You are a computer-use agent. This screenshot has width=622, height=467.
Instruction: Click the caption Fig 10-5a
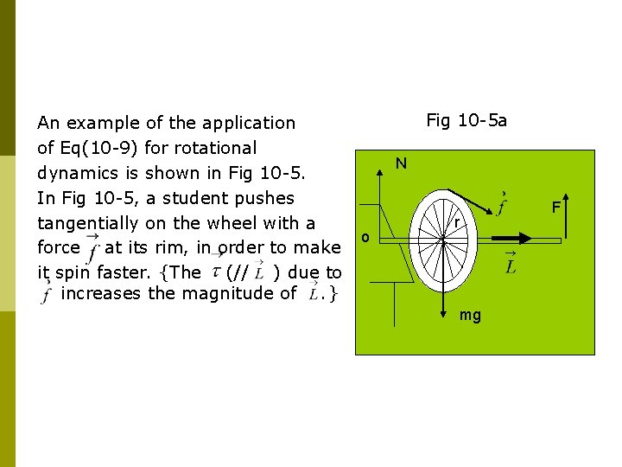point(466,120)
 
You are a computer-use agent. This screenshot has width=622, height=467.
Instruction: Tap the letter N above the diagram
point(402,163)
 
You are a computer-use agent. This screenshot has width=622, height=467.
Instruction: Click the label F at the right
point(557,208)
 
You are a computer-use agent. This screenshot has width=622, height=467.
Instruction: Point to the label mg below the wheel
point(471,316)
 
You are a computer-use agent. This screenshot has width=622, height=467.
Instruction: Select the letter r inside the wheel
point(455,224)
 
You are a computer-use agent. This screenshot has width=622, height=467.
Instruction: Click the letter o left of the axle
point(366,237)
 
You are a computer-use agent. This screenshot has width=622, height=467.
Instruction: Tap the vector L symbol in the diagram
point(510,264)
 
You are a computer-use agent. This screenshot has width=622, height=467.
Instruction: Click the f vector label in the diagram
point(501,204)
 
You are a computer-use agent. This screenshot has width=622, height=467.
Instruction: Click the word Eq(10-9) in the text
point(94,148)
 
